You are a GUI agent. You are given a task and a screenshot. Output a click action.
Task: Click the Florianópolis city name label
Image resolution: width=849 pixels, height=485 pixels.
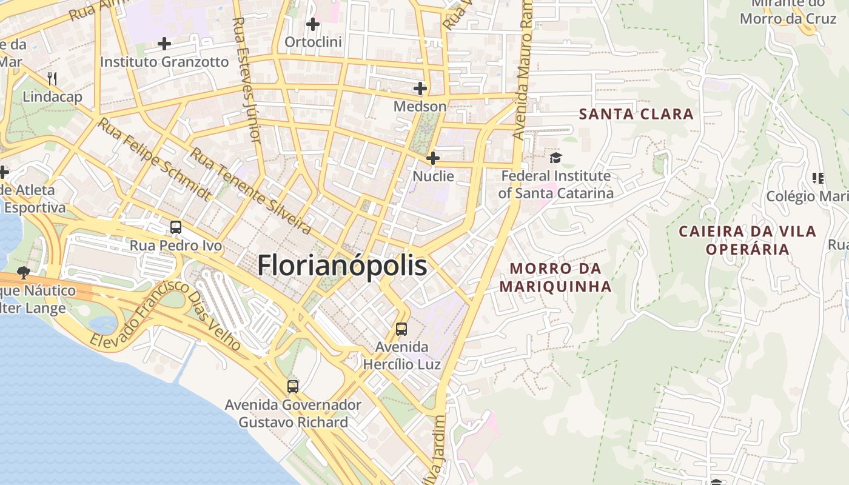(x=342, y=266)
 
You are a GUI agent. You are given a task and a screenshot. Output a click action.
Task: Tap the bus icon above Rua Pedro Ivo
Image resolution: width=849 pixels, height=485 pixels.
(x=176, y=227)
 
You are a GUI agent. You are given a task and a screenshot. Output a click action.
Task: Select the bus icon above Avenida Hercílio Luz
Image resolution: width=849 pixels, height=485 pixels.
(x=401, y=329)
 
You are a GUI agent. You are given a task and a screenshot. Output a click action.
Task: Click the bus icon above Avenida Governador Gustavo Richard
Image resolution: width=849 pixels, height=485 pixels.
(x=293, y=386)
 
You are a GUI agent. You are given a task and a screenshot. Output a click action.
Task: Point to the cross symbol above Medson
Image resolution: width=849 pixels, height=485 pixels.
(x=420, y=89)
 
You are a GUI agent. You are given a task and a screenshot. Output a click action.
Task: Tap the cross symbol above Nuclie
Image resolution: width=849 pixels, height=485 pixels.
(x=433, y=159)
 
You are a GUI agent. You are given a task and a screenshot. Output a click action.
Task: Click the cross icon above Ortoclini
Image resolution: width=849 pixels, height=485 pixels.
(x=313, y=24)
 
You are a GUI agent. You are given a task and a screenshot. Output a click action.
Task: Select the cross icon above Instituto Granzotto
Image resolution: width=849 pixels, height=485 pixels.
(x=164, y=44)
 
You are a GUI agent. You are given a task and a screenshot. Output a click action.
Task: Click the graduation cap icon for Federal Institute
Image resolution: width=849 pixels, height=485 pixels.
(x=555, y=158)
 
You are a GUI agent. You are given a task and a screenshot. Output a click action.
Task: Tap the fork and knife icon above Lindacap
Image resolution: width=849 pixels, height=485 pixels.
(x=52, y=78)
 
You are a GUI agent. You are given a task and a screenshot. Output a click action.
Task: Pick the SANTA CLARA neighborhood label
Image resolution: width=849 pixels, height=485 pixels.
(x=636, y=114)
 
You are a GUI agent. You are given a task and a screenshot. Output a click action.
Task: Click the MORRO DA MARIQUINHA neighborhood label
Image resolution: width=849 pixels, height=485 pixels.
(x=555, y=277)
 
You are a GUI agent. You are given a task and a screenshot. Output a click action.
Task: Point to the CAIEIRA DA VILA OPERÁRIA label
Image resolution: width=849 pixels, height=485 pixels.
(x=747, y=240)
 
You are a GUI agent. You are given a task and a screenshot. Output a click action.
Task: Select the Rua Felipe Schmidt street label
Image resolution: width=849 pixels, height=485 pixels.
(x=155, y=159)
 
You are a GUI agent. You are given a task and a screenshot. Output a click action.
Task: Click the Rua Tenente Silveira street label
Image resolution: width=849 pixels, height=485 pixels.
(x=251, y=190)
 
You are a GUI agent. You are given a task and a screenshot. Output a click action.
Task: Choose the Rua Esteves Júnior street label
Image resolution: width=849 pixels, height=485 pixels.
(x=246, y=79)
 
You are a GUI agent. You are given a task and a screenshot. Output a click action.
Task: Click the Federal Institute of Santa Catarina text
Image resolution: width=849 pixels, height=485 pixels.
(x=555, y=184)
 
